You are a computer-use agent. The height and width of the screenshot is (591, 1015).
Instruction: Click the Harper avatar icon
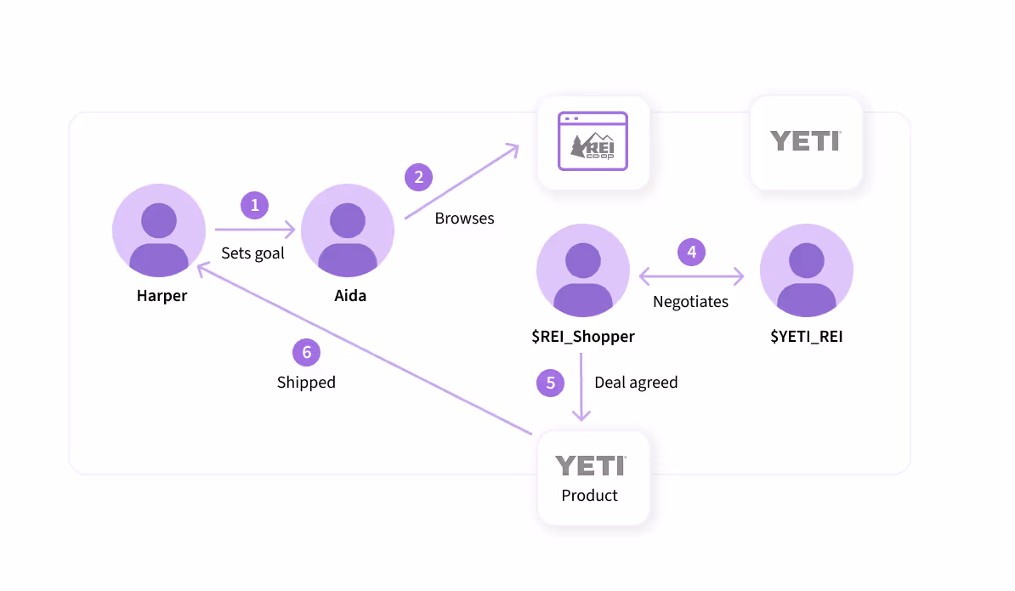159,230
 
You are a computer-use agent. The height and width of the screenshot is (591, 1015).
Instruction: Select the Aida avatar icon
348,230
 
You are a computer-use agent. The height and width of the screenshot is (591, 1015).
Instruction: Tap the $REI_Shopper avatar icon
583,270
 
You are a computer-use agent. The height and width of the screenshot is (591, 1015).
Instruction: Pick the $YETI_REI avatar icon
807,270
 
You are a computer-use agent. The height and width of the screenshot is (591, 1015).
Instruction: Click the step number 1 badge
254,205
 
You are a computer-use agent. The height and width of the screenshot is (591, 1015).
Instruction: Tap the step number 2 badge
419,178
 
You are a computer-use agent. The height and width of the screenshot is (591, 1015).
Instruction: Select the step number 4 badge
691,252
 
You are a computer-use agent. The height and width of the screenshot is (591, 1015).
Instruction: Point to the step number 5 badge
550,383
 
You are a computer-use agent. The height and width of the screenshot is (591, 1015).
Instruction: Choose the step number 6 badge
306,352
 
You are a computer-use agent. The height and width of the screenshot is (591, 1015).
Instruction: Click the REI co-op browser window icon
593,141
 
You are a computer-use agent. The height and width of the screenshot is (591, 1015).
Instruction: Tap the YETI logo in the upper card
806,141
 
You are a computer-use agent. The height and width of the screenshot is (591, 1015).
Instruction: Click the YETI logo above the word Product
590,466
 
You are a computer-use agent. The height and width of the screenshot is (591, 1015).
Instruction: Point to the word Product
590,495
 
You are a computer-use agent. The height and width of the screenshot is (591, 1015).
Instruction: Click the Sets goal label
252,253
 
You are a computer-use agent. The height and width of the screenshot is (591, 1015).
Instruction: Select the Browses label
464,219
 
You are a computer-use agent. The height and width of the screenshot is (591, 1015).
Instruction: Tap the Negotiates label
690,302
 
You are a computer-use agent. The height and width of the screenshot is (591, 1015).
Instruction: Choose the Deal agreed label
637,383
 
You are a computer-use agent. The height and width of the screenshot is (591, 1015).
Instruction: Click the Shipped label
306,382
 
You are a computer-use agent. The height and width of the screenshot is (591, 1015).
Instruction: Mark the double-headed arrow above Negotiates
691,276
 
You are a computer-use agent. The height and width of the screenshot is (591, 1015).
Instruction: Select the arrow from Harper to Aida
255,229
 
